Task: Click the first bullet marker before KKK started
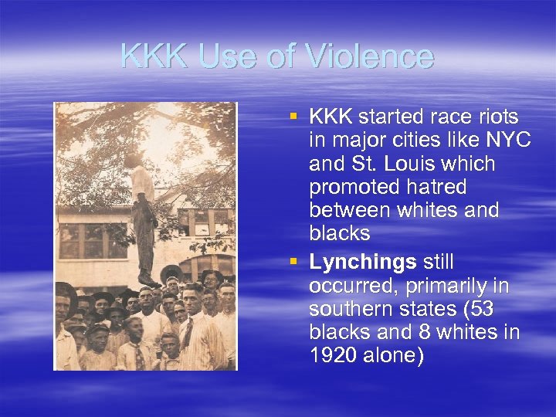click(293, 117)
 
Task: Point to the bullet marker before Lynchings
click(293, 262)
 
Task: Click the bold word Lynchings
click(362, 263)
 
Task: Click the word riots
click(496, 117)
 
